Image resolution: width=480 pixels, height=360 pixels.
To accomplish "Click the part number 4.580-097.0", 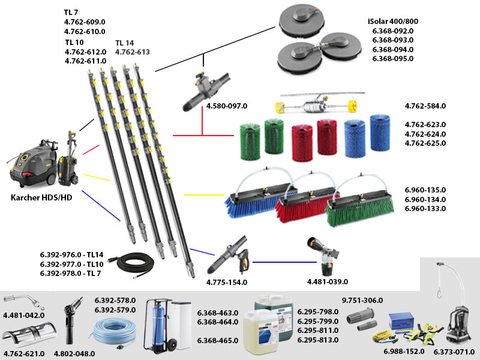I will coord(227,106).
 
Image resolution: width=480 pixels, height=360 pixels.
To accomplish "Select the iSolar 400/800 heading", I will coord(392,20).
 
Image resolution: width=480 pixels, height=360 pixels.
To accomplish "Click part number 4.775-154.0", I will coord(227,281).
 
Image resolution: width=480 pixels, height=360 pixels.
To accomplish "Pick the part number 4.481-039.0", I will coord(328,281).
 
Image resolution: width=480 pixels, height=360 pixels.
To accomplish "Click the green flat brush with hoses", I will coord(360,207).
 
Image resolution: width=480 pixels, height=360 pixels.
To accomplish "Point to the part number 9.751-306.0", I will coord(362,300).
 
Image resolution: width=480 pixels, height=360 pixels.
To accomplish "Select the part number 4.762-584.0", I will coord(425,106).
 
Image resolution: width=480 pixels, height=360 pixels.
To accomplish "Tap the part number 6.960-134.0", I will coord(425,199).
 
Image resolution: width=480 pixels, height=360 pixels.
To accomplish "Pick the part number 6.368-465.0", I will coord(218,340).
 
